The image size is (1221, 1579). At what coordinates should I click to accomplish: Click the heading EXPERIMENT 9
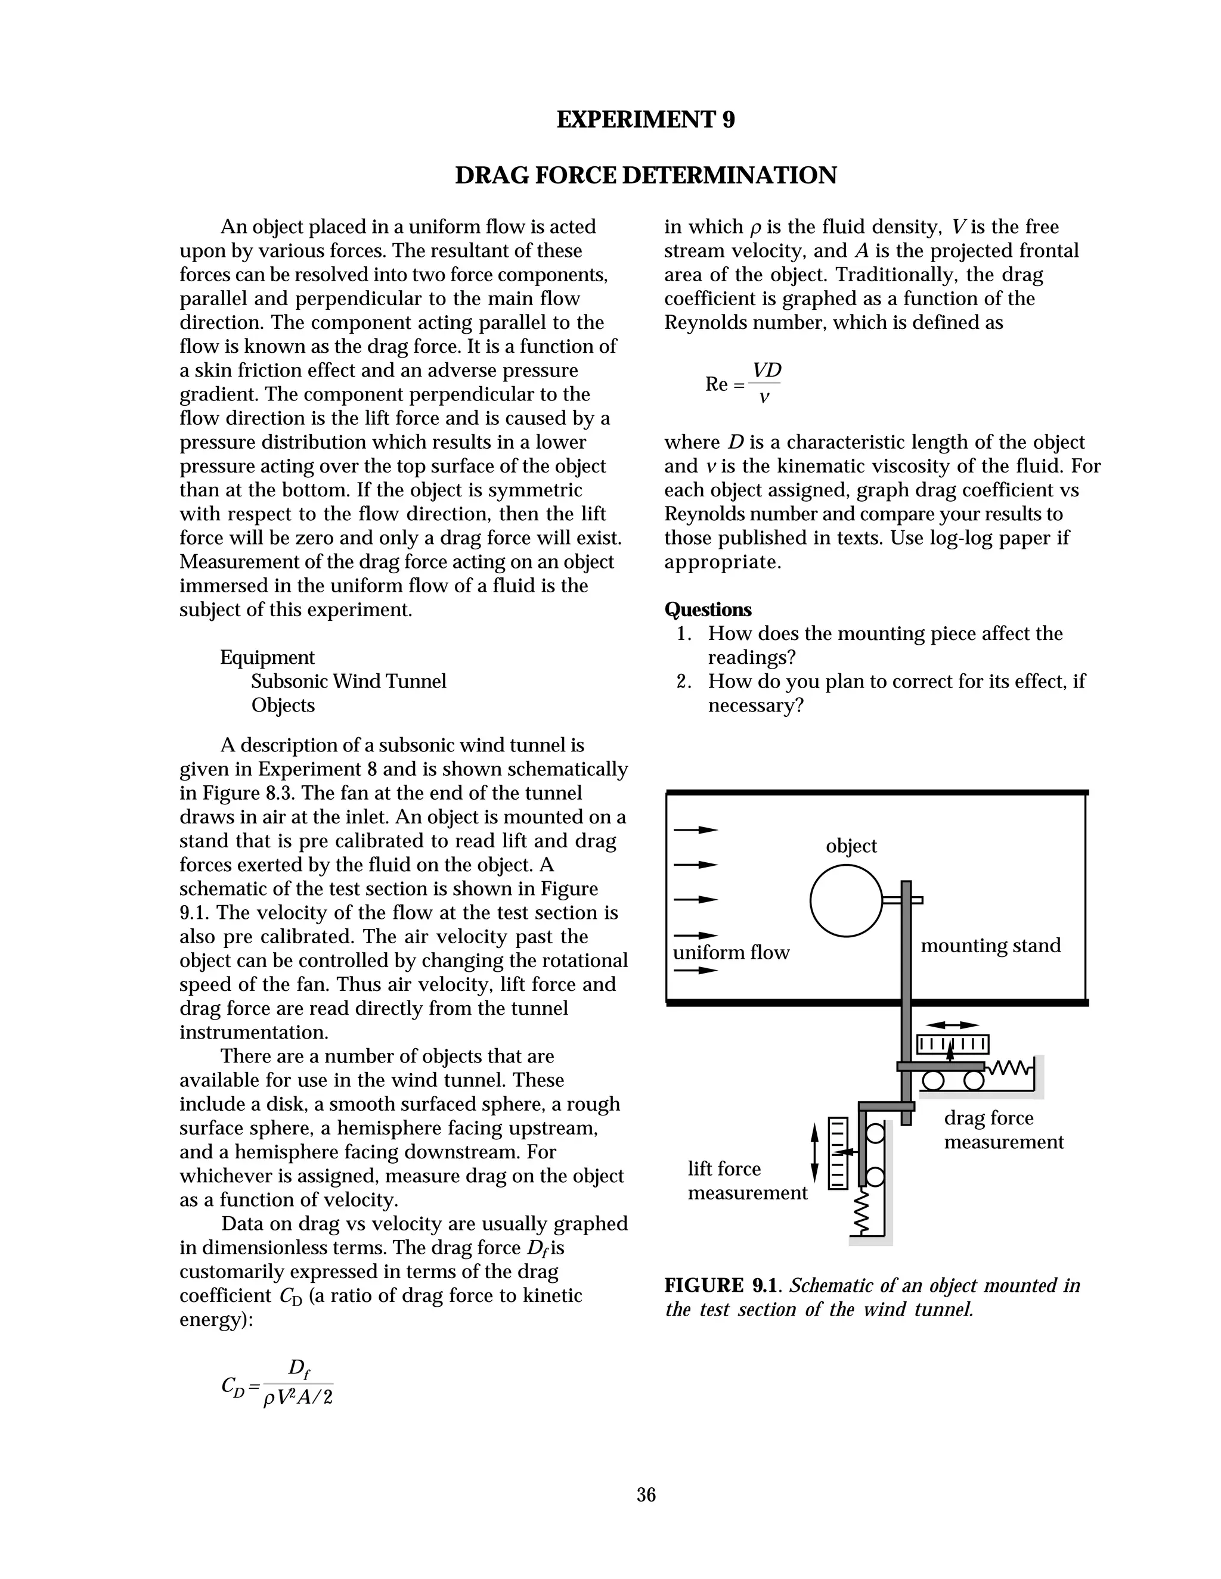pyautogui.click(x=645, y=119)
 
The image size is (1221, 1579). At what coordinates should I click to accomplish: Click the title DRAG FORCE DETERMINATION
pyautogui.click(x=645, y=176)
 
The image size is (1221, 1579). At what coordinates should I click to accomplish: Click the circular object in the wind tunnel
pyautogui.click(x=845, y=900)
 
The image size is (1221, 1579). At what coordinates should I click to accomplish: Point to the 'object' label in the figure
pyautogui.click(x=851, y=846)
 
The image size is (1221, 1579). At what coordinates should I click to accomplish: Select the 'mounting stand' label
pyautogui.click(x=990, y=946)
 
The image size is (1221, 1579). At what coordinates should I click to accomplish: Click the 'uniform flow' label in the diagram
pyautogui.click(x=730, y=953)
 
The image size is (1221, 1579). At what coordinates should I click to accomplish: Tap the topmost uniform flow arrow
pyautogui.click(x=695, y=830)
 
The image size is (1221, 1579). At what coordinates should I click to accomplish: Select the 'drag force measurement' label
pyautogui.click(x=1003, y=1130)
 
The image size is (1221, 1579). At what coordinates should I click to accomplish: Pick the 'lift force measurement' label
pyautogui.click(x=746, y=1180)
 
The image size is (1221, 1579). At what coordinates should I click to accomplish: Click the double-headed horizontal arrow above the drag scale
pyautogui.click(x=952, y=1024)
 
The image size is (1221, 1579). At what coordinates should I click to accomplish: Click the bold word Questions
pyautogui.click(x=708, y=610)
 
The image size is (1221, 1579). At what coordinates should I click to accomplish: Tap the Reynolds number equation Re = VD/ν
pyautogui.click(x=743, y=384)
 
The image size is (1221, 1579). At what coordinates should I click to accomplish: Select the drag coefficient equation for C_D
pyautogui.click(x=277, y=1383)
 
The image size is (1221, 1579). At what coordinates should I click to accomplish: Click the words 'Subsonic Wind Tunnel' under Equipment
pyautogui.click(x=349, y=681)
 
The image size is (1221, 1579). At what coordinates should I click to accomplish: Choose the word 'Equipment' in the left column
pyautogui.click(x=267, y=657)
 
